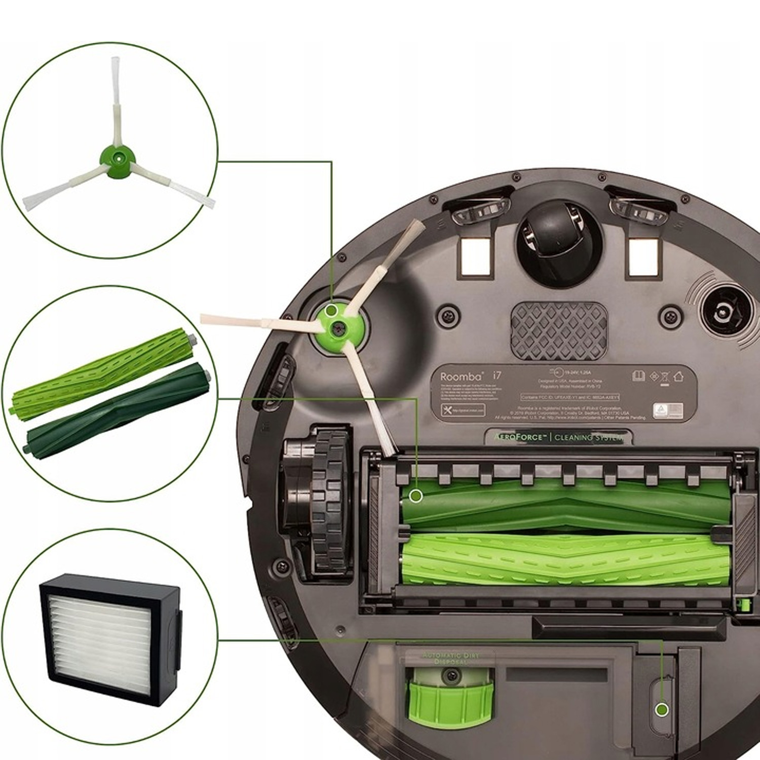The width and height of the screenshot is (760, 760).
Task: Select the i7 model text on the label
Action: tap(497, 375)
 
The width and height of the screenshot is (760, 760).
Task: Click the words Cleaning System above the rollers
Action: tap(588, 437)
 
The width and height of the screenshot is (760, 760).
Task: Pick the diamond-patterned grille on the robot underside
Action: tap(558, 330)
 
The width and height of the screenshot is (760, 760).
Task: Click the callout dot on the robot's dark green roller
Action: tap(416, 496)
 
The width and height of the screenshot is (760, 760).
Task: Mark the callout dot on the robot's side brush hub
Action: tap(331, 310)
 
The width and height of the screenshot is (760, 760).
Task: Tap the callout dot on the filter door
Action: tap(661, 709)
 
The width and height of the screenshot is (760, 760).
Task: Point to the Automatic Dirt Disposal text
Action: tap(450, 658)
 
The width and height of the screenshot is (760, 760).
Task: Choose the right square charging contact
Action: tap(644, 255)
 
